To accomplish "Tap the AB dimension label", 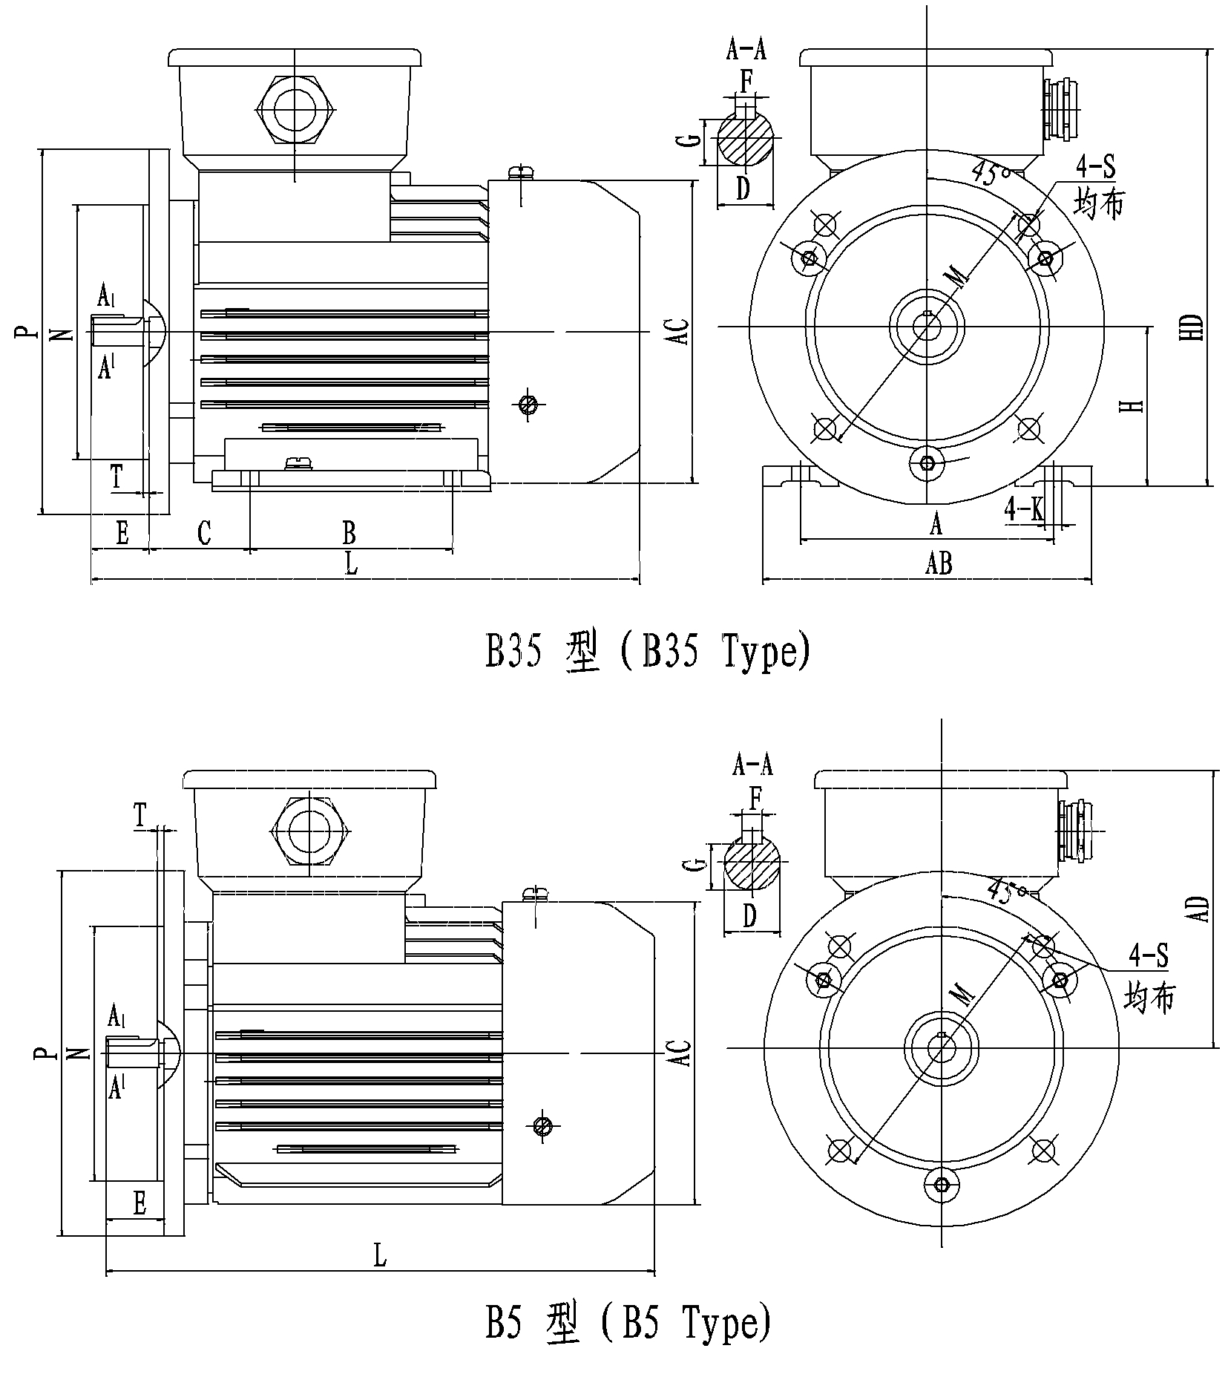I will pyautogui.click(x=938, y=563).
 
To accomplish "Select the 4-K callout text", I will pyautogui.click(x=1024, y=508).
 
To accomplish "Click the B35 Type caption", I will pyautogui.click(x=648, y=651).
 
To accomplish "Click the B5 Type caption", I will pyautogui.click(x=628, y=1321).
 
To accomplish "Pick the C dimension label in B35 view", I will pyautogui.click(x=204, y=532).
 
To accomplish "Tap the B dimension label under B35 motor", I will pyautogui.click(x=348, y=532).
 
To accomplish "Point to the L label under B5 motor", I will pyautogui.click(x=380, y=1255).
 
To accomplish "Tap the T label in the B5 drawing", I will pyautogui.click(x=140, y=816).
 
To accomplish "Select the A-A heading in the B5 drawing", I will pyautogui.click(x=752, y=765).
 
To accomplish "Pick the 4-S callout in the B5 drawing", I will pyautogui.click(x=1148, y=955).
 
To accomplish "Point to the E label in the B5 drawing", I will pyautogui.click(x=139, y=1203).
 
